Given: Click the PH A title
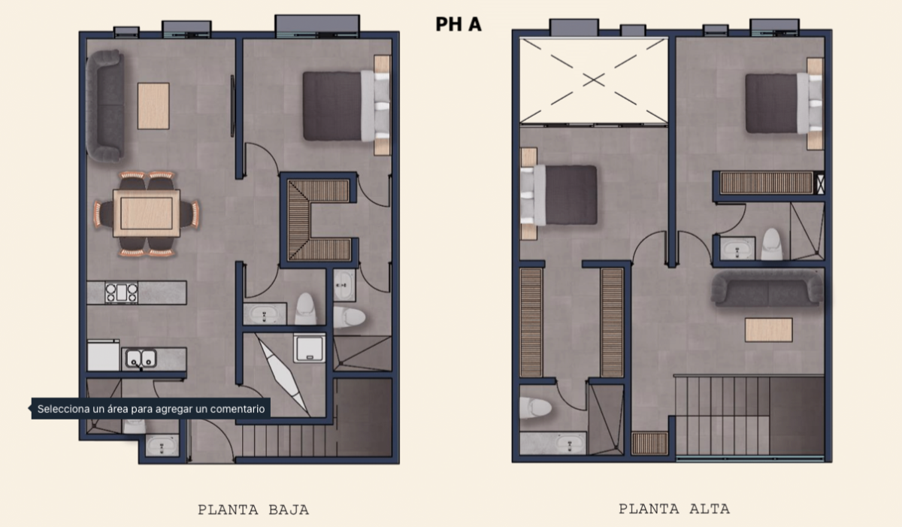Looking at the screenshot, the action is coord(459,24).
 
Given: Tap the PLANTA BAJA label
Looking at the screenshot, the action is coord(253,510).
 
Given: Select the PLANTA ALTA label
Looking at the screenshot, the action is coord(674,509).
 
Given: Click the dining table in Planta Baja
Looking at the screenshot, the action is coord(147,214).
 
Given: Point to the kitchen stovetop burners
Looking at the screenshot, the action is coord(121,292).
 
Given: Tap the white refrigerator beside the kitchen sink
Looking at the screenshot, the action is coord(104,355).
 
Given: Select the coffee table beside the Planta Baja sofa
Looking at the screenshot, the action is coord(153,106).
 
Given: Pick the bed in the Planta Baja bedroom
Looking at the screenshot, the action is coord(347,106).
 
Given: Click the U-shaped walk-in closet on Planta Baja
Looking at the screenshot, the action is coord(318,220).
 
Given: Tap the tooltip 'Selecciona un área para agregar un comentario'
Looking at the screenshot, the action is coord(151,409).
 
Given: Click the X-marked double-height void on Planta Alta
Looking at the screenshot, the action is coord(594,80).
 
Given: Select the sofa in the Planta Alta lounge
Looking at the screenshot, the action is coord(767,289).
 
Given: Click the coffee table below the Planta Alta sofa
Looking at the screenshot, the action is coord(769,330).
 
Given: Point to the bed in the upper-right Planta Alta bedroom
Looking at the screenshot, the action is coord(783,104).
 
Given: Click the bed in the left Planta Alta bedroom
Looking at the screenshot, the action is coord(558,195).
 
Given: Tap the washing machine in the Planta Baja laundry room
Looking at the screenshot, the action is coord(309,348).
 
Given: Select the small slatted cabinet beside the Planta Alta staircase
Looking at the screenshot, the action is coord(649,444).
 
